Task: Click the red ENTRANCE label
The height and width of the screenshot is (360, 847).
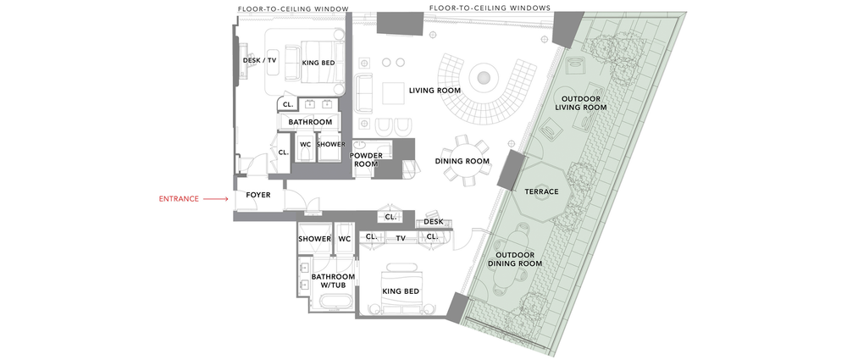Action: [178, 199]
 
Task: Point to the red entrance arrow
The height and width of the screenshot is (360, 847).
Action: [217, 199]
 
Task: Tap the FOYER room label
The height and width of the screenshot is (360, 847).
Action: [257, 196]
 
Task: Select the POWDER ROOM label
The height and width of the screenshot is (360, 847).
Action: [367, 160]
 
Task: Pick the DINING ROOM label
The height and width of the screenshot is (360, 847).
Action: [462, 161]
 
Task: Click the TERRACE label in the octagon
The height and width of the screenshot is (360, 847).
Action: [541, 191]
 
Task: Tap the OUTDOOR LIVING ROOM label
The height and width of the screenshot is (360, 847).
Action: [581, 102]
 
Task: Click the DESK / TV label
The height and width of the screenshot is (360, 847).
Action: [259, 60]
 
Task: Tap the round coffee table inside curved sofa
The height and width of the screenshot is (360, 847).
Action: [484, 78]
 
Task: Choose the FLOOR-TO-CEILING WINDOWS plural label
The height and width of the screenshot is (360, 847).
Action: [490, 8]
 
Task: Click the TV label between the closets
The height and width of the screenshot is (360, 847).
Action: [401, 239]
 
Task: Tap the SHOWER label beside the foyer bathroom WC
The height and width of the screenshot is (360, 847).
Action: [313, 239]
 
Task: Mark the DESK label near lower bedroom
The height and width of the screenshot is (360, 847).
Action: [434, 222]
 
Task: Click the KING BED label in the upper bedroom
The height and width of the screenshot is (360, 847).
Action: [318, 62]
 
